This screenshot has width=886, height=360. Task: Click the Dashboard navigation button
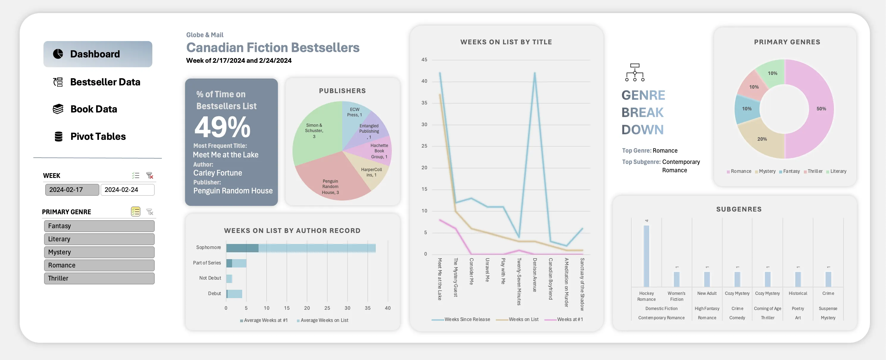pos(98,54)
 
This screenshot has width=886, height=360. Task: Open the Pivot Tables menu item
pos(98,137)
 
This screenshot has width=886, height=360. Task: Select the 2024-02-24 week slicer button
pos(127,190)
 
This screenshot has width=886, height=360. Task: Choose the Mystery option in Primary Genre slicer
pos(99,252)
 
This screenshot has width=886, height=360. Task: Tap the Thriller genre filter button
pos(99,278)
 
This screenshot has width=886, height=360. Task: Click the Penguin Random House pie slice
pos(330,182)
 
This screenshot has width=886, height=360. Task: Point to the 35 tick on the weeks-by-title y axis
pos(425,103)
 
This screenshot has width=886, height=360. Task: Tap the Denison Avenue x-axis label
pos(535,275)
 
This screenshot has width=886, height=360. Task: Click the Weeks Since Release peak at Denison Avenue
pos(535,73)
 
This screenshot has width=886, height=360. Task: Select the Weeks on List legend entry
pos(523,320)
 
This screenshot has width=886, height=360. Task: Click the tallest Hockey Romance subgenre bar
pos(646,256)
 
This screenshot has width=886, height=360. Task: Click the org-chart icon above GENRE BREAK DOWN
pos(635,72)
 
